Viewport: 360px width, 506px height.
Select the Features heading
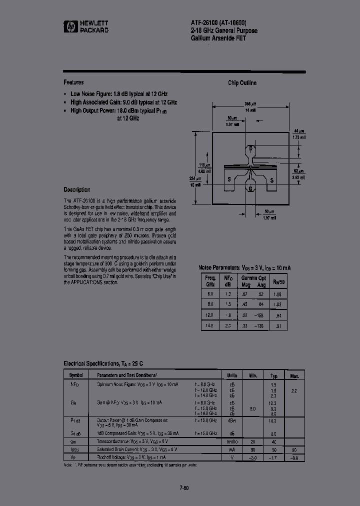coord(73,82)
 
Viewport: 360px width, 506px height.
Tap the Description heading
coord(77,189)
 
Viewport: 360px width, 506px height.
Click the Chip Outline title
coord(242,83)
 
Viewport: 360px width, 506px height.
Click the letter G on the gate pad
coord(250,188)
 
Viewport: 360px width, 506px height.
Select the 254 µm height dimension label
coord(195,178)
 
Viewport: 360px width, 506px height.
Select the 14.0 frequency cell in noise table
coord(210,325)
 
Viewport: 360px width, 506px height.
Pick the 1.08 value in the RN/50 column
coord(278,294)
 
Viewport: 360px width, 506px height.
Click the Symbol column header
coord(76,374)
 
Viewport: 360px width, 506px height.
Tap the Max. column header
coord(294,374)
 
